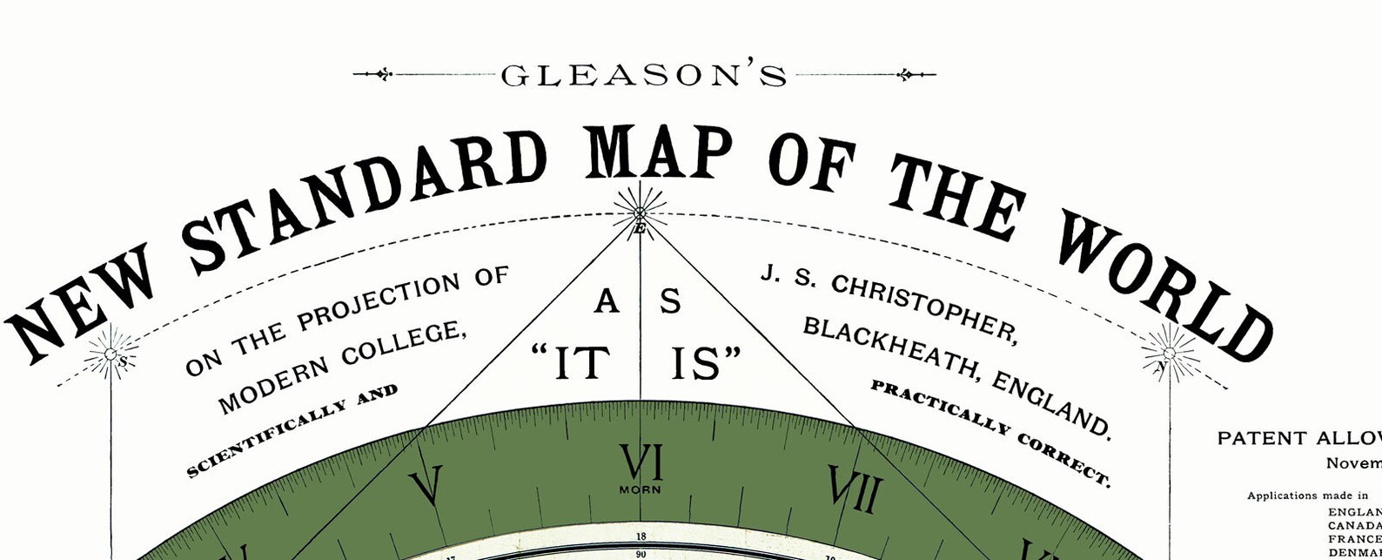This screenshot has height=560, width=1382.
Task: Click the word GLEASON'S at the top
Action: coord(643,77)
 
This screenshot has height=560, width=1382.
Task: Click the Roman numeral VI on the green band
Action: coord(641,462)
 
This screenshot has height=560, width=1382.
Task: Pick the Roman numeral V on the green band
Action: coord(426,486)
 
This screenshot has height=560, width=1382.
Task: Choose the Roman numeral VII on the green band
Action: coord(855,489)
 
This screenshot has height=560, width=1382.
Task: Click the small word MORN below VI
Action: coord(641,489)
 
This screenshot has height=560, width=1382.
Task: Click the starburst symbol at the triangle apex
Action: coord(640,212)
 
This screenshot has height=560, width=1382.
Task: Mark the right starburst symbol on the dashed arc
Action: coord(1170,353)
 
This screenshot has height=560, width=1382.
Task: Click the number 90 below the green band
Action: coord(641,554)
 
